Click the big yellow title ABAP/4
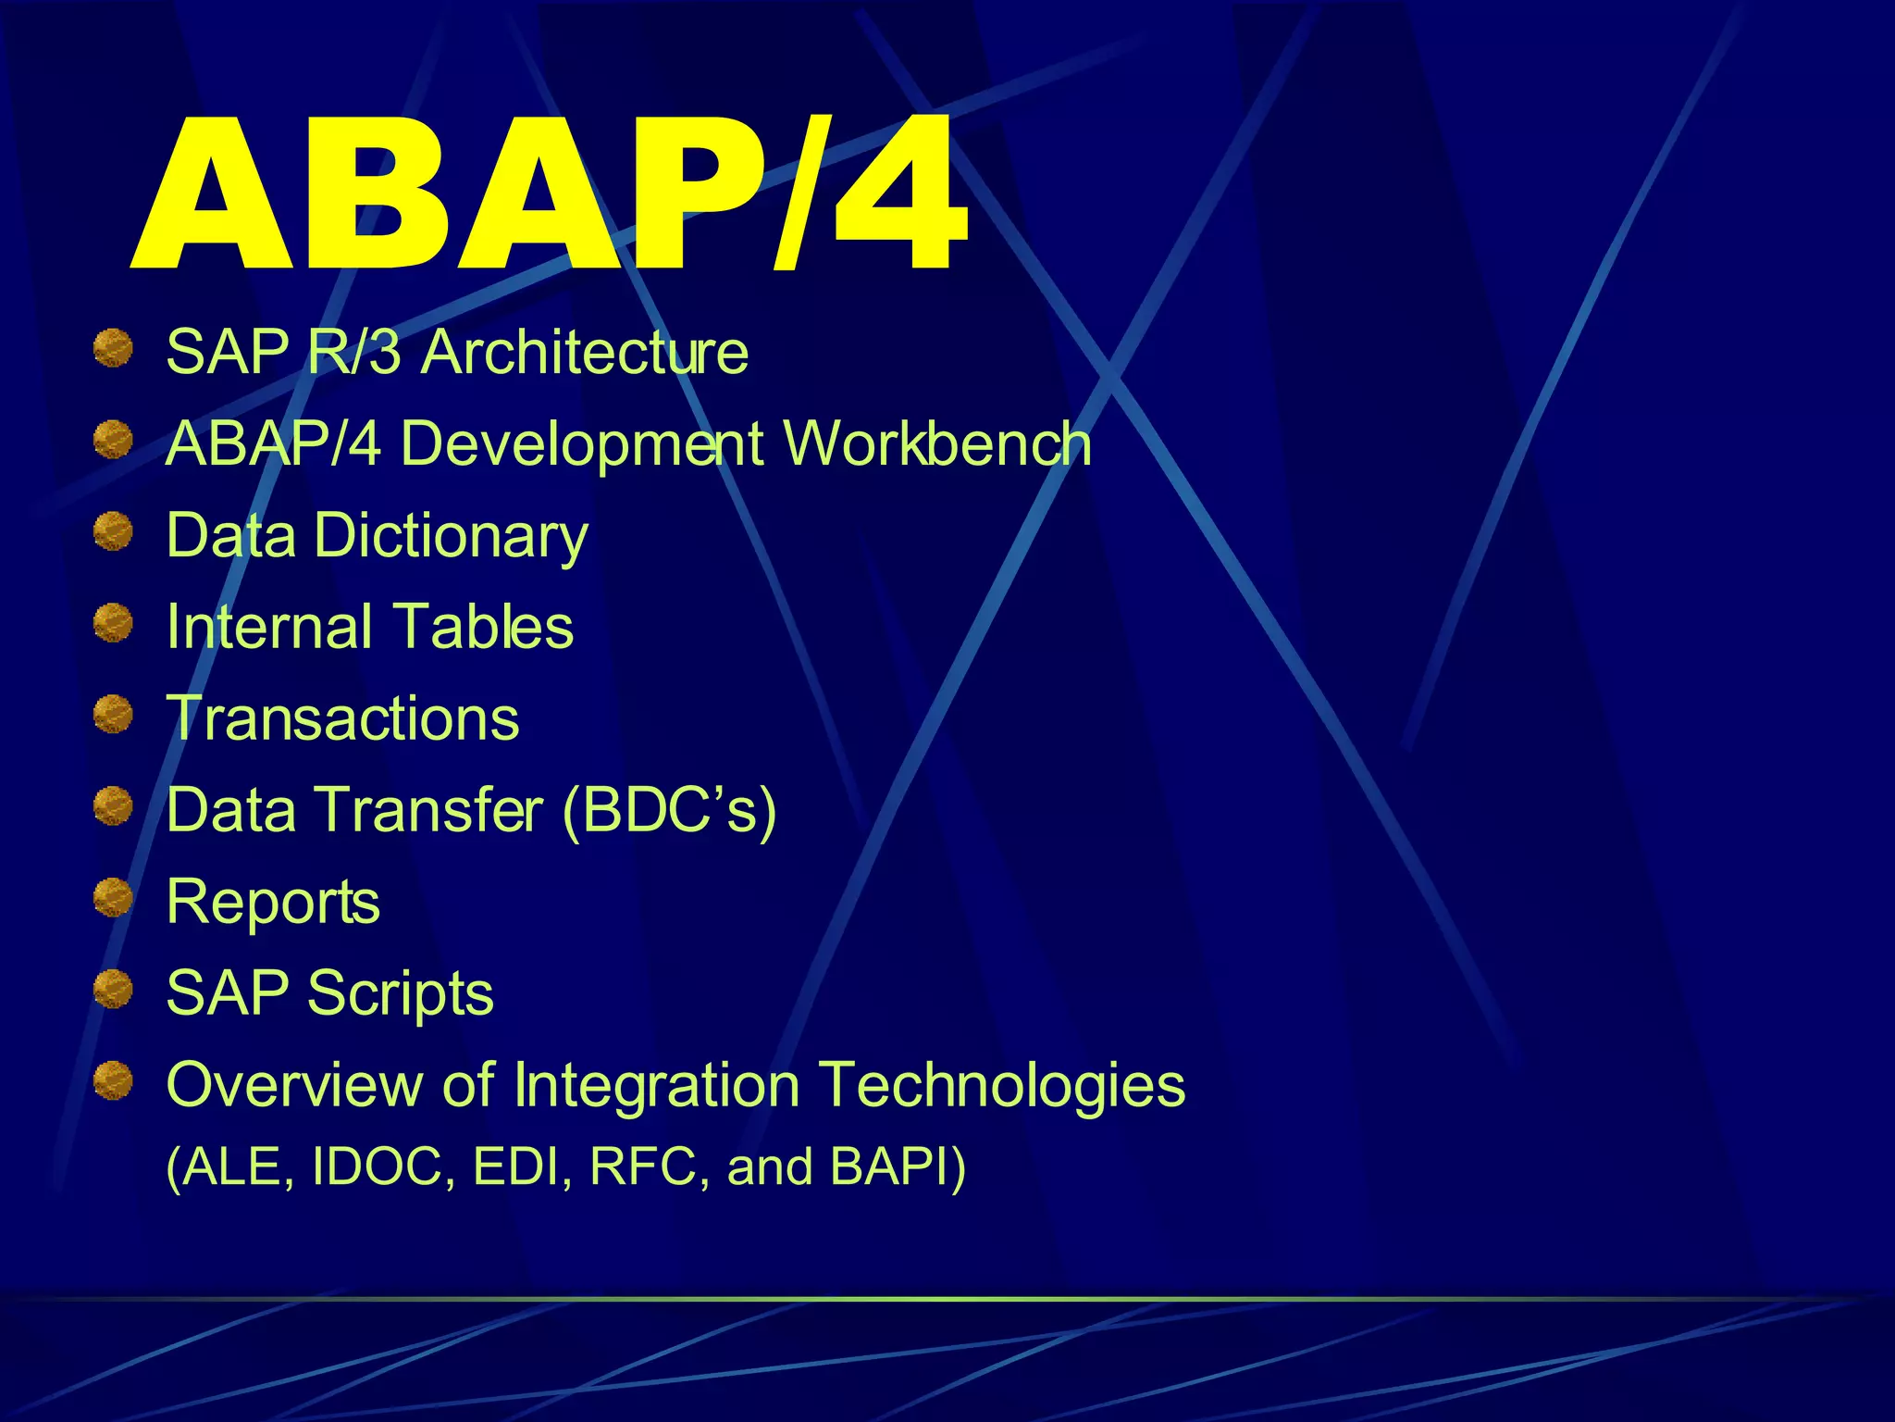coord(551,194)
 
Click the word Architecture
coord(585,353)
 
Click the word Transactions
coord(342,718)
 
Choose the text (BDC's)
coord(669,811)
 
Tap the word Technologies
coord(1001,1085)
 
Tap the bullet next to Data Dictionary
coord(113,531)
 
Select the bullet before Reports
coord(113,897)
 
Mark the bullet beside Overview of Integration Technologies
coord(113,1080)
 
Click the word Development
coord(582,443)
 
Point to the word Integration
coord(656,1085)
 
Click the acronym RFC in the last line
coord(642,1166)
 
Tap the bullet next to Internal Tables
coord(113,622)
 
